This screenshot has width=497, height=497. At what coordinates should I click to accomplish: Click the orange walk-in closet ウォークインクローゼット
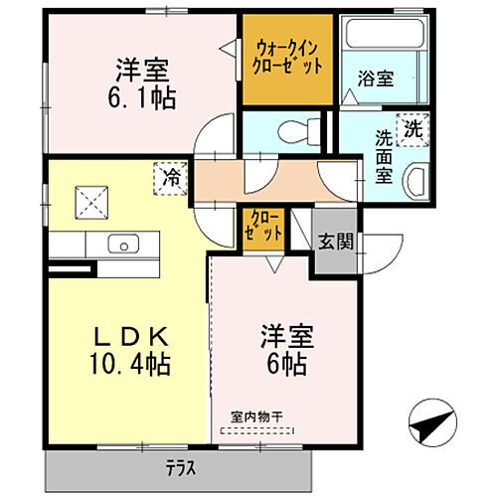[x=288, y=58]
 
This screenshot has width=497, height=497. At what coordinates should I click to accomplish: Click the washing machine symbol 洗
[x=411, y=128]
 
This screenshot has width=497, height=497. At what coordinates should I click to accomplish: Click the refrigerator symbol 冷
[x=172, y=180]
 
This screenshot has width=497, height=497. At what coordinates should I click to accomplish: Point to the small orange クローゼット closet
[x=264, y=227]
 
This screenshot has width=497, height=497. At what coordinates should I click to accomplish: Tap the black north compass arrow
[x=429, y=423]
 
